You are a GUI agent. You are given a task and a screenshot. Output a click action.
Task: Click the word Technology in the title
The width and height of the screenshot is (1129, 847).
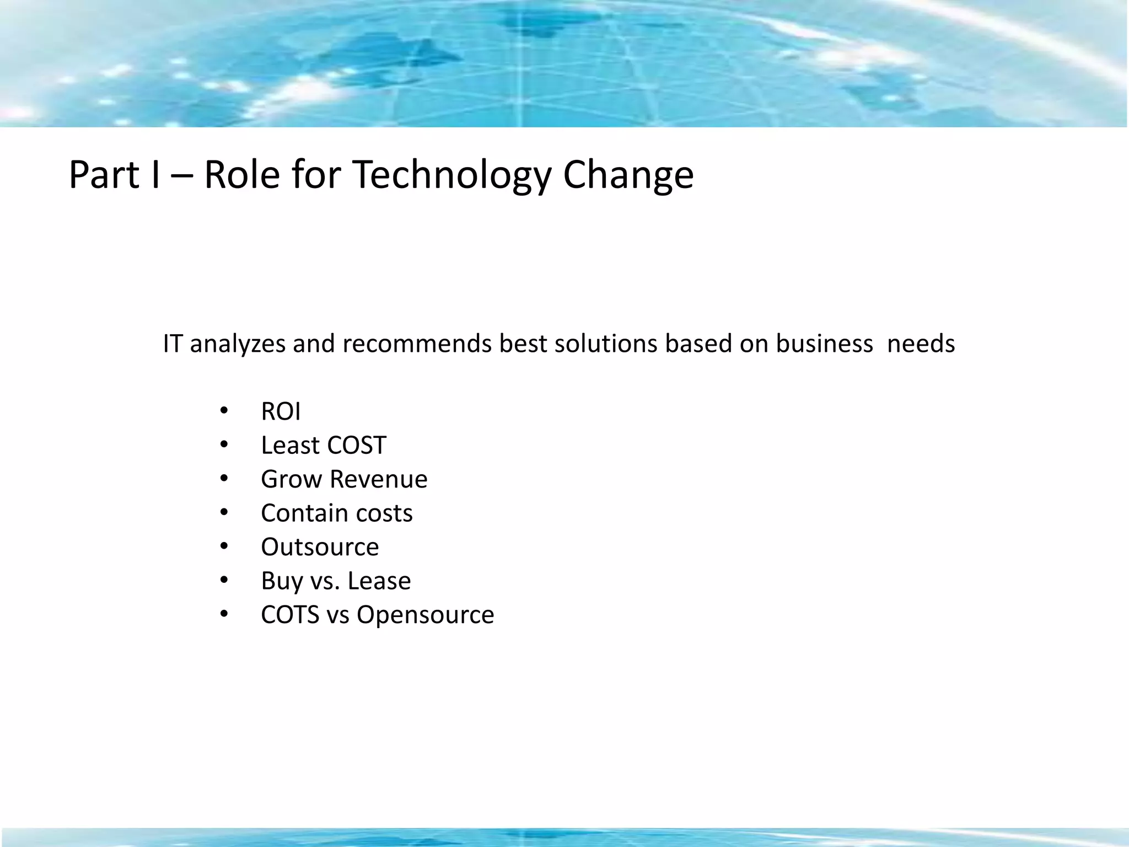pyautogui.click(x=451, y=175)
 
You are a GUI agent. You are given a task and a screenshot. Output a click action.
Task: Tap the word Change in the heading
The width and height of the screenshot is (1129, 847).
pyautogui.click(x=628, y=175)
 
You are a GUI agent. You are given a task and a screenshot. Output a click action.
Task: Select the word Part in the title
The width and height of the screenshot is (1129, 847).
pyautogui.click(x=104, y=175)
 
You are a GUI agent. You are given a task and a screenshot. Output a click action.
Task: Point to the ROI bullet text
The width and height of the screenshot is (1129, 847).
pyautogui.click(x=281, y=411)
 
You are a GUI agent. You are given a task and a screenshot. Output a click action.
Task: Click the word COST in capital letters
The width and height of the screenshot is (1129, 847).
pyautogui.click(x=356, y=445)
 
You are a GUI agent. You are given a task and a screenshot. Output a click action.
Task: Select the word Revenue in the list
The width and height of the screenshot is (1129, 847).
pyautogui.click(x=378, y=479)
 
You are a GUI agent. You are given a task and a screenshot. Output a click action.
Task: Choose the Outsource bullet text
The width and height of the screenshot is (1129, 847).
pyautogui.click(x=320, y=547)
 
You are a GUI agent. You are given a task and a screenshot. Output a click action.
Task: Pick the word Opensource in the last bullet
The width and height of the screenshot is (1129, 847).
pyautogui.click(x=425, y=615)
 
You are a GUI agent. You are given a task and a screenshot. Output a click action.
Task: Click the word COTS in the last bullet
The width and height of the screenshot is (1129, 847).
pyautogui.click(x=290, y=615)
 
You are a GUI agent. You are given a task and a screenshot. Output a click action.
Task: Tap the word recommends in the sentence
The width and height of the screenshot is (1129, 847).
pyautogui.click(x=417, y=344)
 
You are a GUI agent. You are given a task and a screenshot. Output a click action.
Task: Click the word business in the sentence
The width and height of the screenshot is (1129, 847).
pyautogui.click(x=824, y=344)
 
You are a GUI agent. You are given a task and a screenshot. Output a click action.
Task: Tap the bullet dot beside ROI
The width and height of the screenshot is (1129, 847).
pyautogui.click(x=223, y=411)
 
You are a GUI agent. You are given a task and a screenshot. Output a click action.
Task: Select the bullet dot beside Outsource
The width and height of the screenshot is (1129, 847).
pyautogui.click(x=223, y=546)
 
